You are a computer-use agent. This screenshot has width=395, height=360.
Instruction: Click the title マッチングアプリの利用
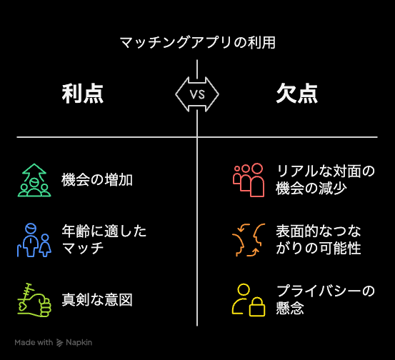click(x=197, y=42)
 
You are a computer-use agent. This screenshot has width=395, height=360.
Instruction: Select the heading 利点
click(x=83, y=94)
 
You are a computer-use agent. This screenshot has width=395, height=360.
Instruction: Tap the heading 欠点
click(x=296, y=94)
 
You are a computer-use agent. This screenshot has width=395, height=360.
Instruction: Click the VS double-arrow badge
click(x=197, y=94)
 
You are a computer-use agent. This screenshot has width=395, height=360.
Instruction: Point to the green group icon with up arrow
click(x=34, y=180)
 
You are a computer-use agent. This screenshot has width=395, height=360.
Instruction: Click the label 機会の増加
click(x=97, y=180)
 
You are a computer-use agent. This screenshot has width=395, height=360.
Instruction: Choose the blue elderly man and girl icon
click(x=34, y=240)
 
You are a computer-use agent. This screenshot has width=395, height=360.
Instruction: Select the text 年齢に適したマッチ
click(x=104, y=239)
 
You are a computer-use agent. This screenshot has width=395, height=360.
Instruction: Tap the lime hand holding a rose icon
click(x=34, y=300)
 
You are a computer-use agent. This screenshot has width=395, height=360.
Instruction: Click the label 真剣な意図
click(x=97, y=300)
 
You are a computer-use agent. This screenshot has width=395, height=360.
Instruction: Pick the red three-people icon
click(x=249, y=180)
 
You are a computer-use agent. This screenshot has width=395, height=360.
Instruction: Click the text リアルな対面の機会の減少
click(x=325, y=179)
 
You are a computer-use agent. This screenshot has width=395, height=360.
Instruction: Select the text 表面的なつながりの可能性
click(x=319, y=239)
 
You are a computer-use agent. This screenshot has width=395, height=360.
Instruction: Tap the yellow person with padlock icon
click(x=249, y=300)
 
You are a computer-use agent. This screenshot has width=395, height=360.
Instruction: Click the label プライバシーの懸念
click(x=325, y=299)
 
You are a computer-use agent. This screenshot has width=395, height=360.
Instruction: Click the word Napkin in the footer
click(x=79, y=342)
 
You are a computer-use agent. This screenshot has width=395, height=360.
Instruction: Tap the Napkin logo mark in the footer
click(x=59, y=343)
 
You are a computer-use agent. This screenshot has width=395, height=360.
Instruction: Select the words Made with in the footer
click(x=34, y=342)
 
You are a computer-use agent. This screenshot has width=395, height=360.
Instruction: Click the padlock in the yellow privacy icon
click(x=257, y=307)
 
